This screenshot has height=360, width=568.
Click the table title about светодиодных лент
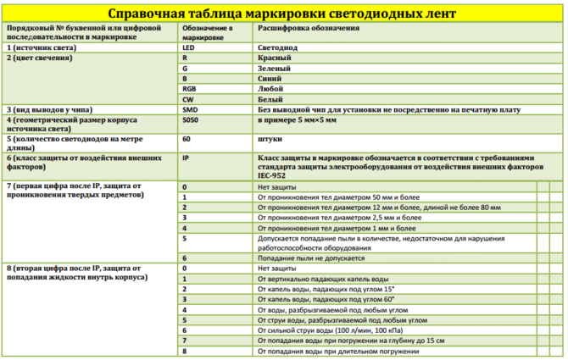click(x=283, y=13)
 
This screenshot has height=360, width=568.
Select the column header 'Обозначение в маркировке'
click(x=207, y=34)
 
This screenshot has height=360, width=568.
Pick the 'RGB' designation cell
click(x=190, y=88)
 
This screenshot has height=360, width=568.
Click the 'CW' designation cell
click(x=188, y=99)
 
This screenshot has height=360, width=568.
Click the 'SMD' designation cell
click(x=190, y=110)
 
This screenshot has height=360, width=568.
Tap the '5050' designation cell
click(x=191, y=121)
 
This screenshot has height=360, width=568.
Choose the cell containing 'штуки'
click(x=271, y=138)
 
